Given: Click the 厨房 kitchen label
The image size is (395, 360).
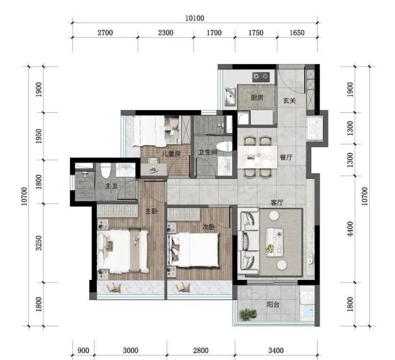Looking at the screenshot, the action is [x=257, y=98].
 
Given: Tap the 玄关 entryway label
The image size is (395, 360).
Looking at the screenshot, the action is [x=289, y=100].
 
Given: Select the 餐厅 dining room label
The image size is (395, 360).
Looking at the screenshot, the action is [x=286, y=158].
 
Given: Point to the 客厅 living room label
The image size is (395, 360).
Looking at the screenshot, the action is [x=277, y=202].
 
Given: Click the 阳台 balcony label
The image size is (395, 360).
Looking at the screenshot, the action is [x=273, y=304].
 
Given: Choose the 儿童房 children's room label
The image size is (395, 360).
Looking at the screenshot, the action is [x=171, y=153].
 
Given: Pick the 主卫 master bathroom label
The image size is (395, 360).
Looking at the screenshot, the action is [x=112, y=186].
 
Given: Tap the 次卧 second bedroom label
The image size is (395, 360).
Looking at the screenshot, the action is [x=208, y=227].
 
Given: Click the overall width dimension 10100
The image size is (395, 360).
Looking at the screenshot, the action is [x=195, y=18].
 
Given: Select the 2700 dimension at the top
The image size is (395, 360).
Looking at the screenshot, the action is [x=105, y=33].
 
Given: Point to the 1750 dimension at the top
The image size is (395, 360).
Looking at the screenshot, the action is [x=256, y=33].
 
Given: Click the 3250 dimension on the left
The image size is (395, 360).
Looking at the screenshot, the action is [x=38, y=243].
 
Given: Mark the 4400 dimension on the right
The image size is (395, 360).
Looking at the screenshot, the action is [x=350, y=229].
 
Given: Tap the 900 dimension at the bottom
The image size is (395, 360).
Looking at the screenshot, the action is [x=83, y=351].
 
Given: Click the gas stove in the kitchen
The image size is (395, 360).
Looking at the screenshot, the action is [x=260, y=76].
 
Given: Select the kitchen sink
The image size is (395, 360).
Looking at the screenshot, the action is [x=230, y=97].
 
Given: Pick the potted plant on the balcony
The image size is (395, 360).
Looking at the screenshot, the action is [x=248, y=314].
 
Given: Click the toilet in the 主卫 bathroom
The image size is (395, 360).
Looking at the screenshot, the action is [x=106, y=170].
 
